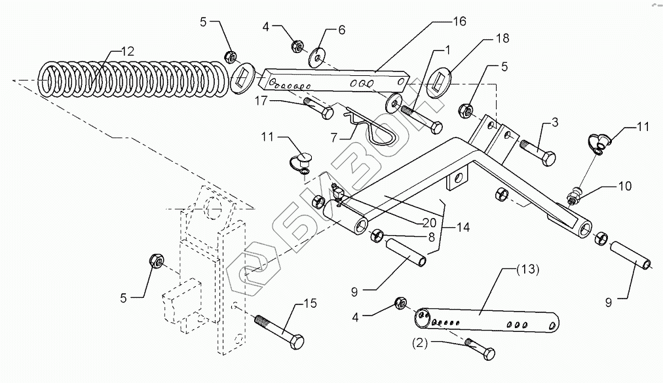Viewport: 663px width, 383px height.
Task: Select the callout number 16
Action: pyautogui.click(x=459, y=22)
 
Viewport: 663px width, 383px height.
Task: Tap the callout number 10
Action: pyautogui.click(x=624, y=187)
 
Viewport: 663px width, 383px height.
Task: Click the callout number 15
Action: pyautogui.click(x=310, y=304)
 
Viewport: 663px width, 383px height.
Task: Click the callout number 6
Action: pyautogui.click(x=341, y=29)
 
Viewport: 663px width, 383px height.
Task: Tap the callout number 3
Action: pyautogui.click(x=555, y=122)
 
